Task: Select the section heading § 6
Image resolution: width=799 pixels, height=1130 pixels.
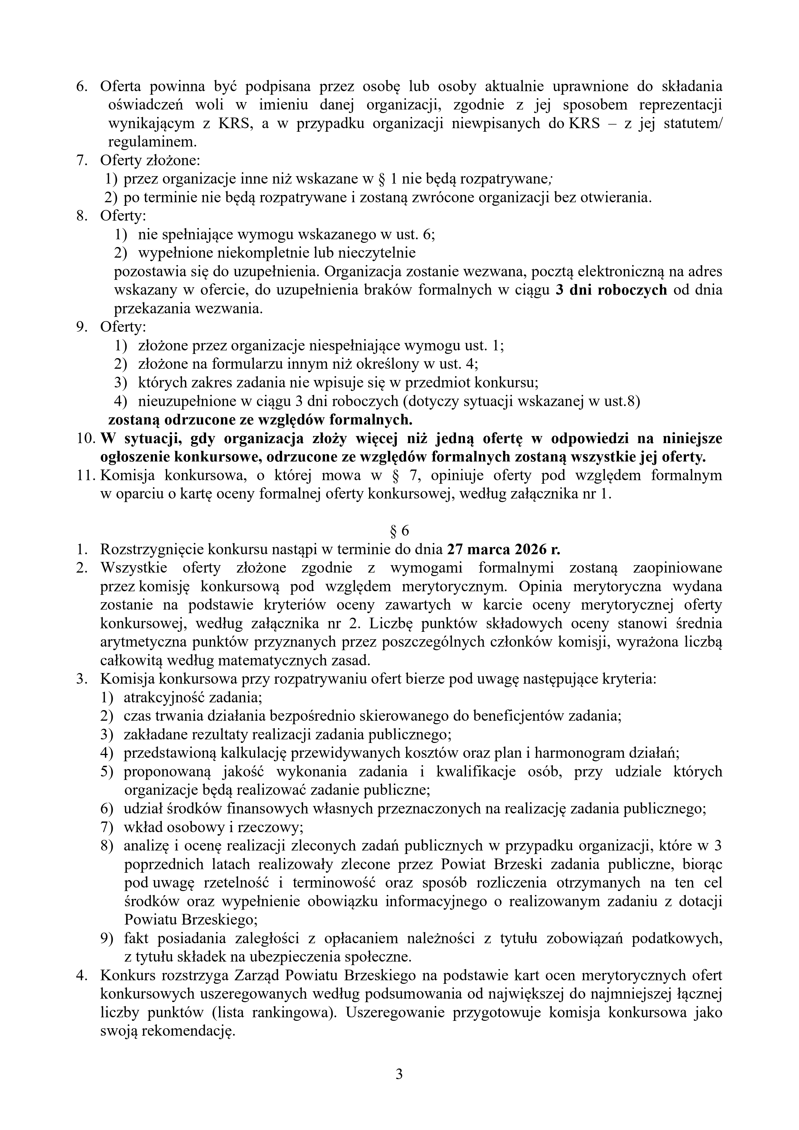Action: [x=399, y=531]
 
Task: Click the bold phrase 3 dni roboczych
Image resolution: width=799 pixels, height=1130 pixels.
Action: [x=611, y=290]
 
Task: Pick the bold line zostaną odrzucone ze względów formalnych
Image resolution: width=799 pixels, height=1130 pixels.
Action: [x=260, y=420]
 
